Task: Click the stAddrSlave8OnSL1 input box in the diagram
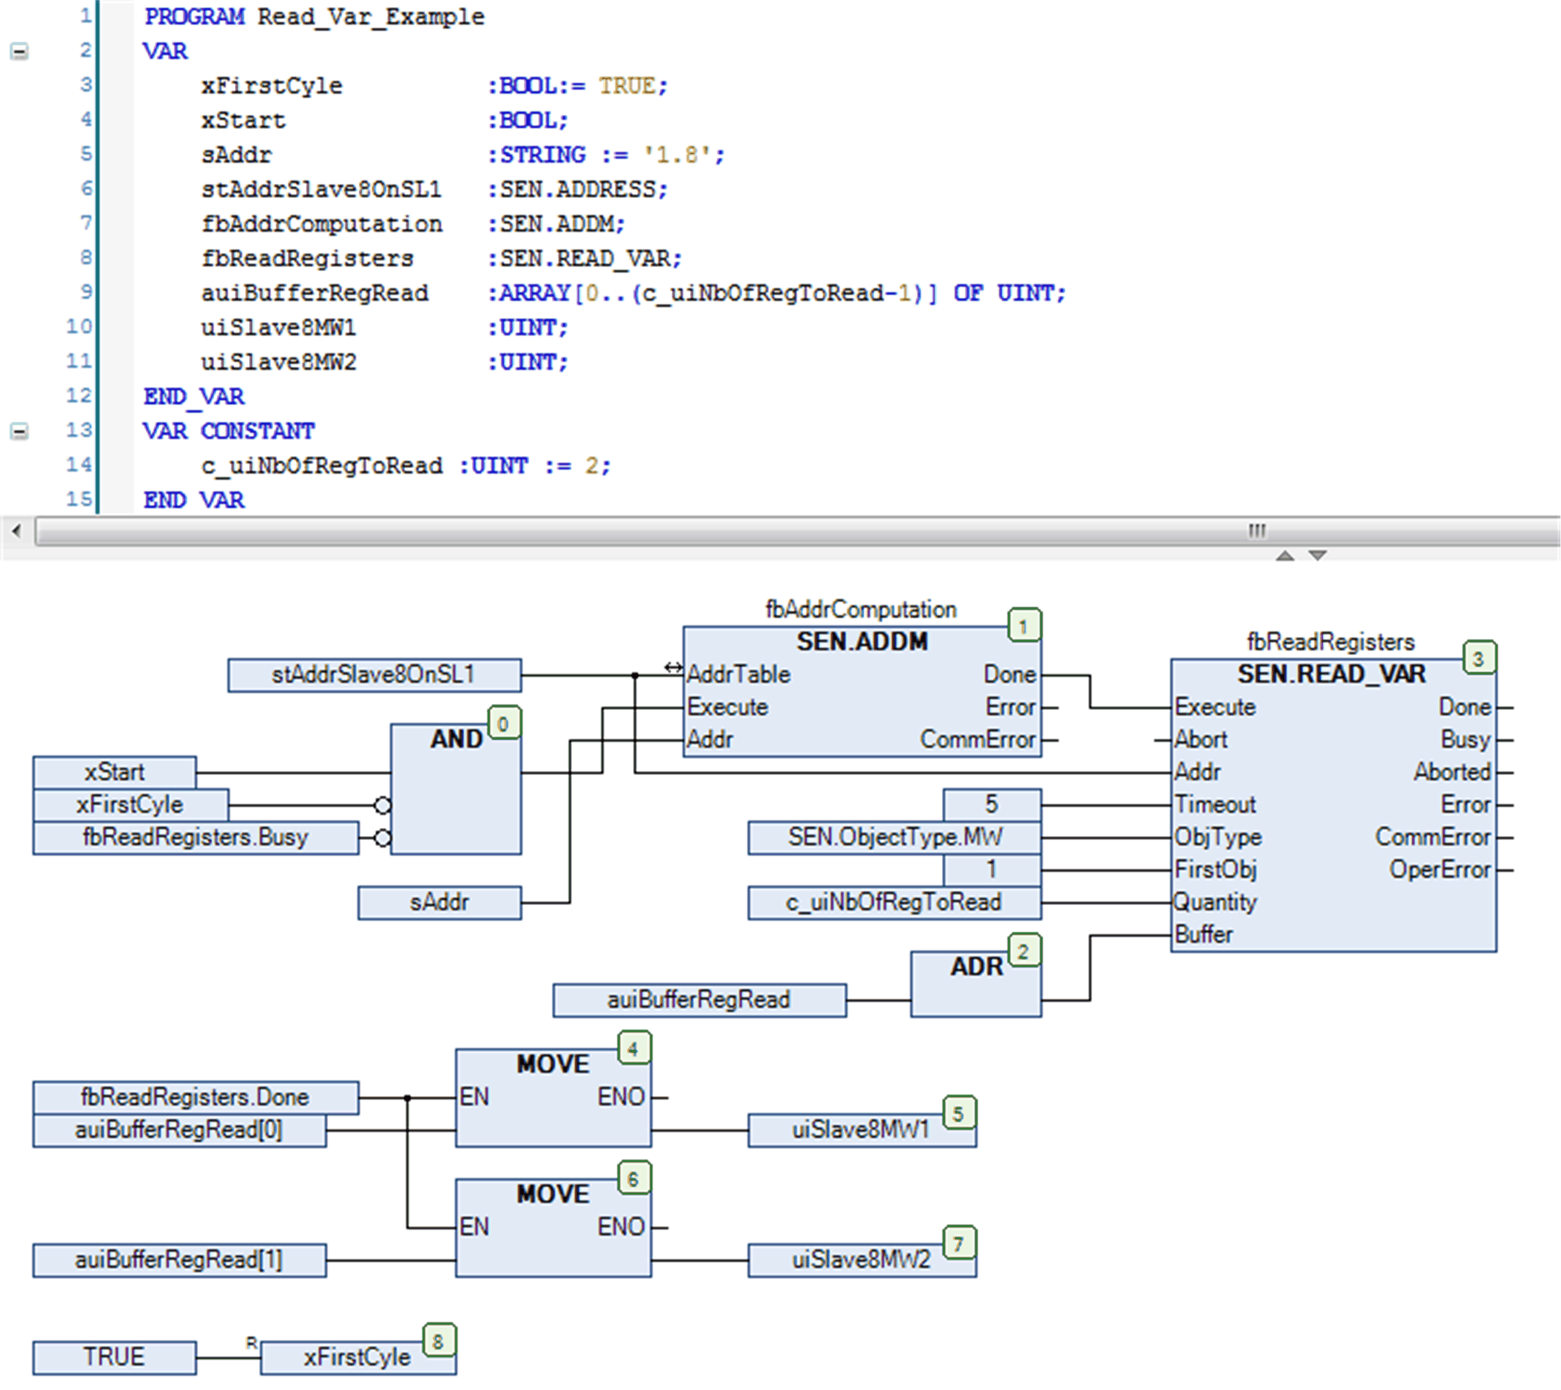click(x=374, y=675)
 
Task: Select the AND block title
click(x=456, y=739)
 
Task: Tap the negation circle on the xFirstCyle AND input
click(x=382, y=805)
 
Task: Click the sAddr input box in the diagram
click(x=439, y=903)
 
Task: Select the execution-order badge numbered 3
click(x=1479, y=658)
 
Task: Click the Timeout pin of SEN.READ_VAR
click(x=1214, y=805)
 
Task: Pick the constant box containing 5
click(x=991, y=804)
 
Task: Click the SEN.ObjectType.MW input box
click(x=894, y=838)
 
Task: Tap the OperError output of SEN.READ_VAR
click(x=1440, y=870)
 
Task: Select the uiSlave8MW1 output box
click(x=861, y=1130)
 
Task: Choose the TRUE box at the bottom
click(x=114, y=1357)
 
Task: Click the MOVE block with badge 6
click(x=553, y=1227)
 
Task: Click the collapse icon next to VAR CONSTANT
click(x=19, y=431)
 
